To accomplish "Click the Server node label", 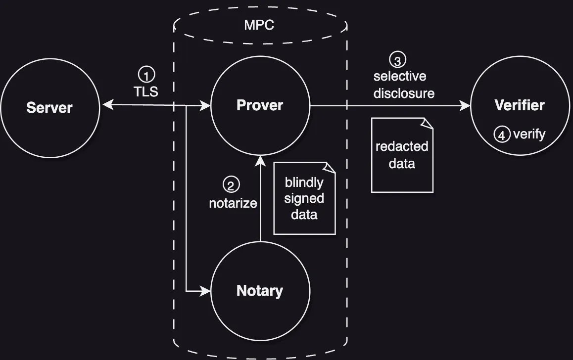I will click(x=49, y=107).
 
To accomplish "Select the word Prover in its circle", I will click(x=260, y=105).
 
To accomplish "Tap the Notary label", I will click(x=260, y=291).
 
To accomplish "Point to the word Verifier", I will click(x=520, y=105).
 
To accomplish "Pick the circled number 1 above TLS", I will click(x=146, y=75).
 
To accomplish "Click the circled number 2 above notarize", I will click(x=231, y=185).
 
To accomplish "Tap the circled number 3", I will click(x=398, y=60).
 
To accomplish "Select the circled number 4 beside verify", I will click(x=502, y=135).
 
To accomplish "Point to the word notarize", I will click(x=233, y=203).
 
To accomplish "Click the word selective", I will click(x=400, y=77).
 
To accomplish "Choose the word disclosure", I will click(x=404, y=93).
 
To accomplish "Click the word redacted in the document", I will click(x=402, y=147).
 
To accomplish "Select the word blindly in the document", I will click(x=304, y=182).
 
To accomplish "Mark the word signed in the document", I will click(x=304, y=199).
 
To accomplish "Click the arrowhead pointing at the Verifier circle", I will click(x=465, y=105).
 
